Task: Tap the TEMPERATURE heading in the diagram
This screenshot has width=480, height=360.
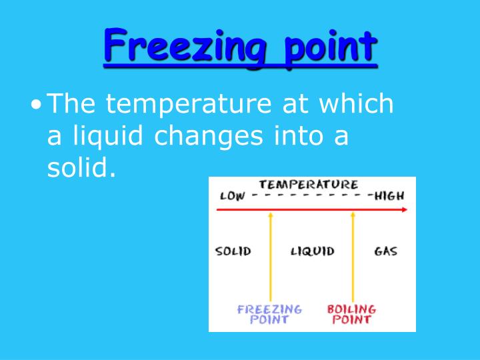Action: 308,184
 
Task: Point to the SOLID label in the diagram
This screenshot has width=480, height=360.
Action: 233,252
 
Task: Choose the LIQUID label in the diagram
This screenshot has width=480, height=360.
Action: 312,252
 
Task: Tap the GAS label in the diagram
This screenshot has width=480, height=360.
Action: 385,252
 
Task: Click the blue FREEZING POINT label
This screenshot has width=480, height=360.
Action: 269,314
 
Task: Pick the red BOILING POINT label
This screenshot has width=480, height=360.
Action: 351,314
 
